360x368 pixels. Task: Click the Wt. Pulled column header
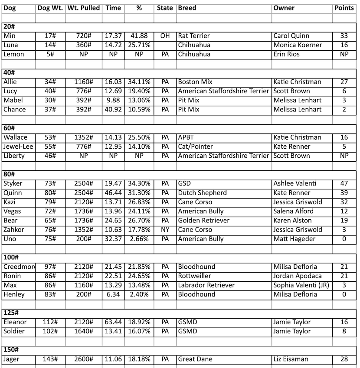tap(83, 8)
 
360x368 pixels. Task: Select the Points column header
tap(344, 8)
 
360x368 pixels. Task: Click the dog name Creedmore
tap(19, 267)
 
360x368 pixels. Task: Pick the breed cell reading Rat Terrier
tap(194, 36)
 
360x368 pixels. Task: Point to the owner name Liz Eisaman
tap(291, 359)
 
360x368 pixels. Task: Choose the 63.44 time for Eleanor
tap(113, 322)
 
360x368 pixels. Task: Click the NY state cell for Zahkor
tap(165, 230)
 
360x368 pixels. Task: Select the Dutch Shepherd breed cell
tap(202, 193)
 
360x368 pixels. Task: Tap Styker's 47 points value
tap(344, 184)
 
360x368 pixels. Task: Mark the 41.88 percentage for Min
tap(139, 36)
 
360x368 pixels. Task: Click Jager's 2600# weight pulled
tap(83, 359)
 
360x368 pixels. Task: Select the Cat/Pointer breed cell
tap(196, 147)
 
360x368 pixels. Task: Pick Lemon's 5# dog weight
tap(50, 55)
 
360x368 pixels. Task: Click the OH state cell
tap(165, 36)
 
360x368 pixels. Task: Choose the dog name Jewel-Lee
tap(18, 147)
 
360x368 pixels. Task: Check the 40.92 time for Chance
tap(113, 110)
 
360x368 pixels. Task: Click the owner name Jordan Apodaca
tap(298, 277)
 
